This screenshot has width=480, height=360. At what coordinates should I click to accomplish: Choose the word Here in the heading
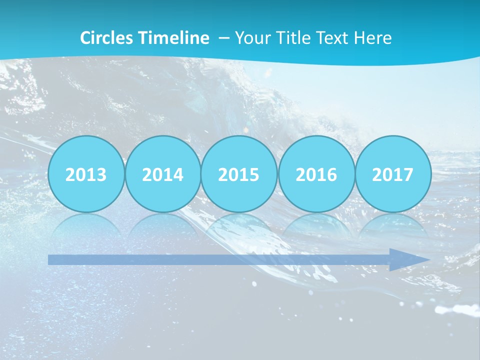(372, 38)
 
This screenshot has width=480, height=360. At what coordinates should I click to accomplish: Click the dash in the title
(224, 38)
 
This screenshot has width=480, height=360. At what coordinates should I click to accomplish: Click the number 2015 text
(239, 175)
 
